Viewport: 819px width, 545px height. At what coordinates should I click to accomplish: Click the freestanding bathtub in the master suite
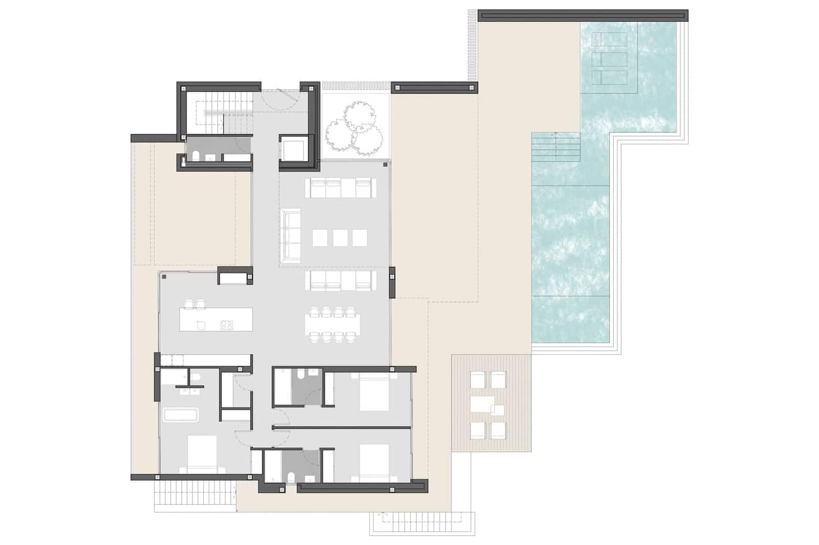click(x=180, y=415)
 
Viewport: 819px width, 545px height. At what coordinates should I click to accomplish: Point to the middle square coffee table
click(x=340, y=238)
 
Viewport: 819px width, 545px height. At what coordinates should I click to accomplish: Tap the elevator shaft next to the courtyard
click(x=295, y=148)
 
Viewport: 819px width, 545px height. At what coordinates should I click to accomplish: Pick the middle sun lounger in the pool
click(x=609, y=58)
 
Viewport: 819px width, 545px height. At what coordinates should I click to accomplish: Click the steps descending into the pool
click(x=556, y=147)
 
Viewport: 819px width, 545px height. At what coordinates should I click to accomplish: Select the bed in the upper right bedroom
click(x=374, y=394)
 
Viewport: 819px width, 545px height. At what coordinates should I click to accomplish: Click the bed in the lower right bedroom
click(x=374, y=463)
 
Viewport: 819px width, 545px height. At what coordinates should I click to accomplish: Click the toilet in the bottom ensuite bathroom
click(x=291, y=478)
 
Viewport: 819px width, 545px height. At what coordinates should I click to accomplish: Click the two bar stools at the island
click(x=195, y=304)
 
